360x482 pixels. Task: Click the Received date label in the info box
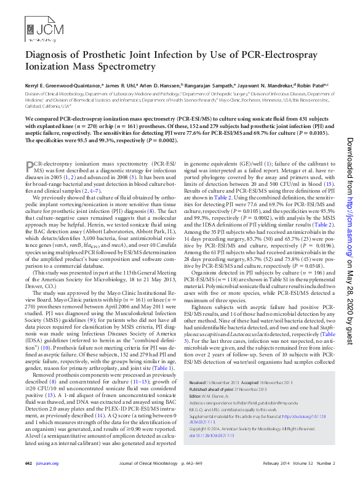pos(198,383)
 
